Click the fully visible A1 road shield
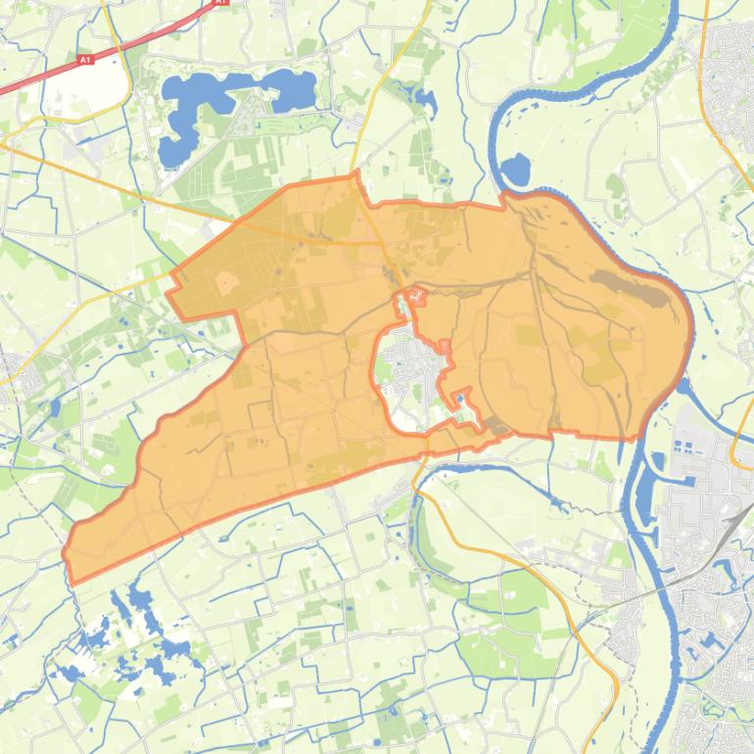(85, 60)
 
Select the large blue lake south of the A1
(225, 98)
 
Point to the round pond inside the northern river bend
(514, 170)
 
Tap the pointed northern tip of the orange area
(356, 173)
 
